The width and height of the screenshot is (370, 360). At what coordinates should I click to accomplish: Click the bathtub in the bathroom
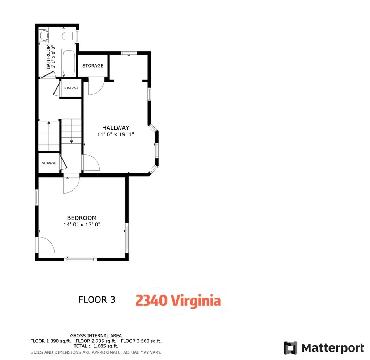(68, 63)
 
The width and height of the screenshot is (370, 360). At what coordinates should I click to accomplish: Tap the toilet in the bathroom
(69, 36)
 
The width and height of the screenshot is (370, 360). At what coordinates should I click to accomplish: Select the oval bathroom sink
(44, 36)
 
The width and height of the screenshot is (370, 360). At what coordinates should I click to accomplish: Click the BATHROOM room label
(48, 57)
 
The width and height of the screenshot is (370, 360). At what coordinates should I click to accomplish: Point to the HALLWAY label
(115, 127)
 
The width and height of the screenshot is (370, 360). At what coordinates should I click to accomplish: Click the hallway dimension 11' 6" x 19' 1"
(115, 134)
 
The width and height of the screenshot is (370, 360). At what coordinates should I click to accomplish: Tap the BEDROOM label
(82, 218)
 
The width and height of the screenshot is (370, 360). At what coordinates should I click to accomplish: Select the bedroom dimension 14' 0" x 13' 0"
(82, 224)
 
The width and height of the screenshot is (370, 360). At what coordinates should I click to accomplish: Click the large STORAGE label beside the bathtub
(93, 66)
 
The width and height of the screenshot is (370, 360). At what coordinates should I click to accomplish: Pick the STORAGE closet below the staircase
(49, 163)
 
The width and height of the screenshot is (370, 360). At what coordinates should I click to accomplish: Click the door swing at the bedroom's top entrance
(70, 184)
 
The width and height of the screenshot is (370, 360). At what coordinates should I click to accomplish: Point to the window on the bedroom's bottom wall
(81, 259)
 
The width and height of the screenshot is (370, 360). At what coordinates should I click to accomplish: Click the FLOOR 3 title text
(97, 299)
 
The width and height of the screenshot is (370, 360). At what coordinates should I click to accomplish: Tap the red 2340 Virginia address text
(178, 300)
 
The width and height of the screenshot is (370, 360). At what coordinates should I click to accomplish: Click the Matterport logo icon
(290, 348)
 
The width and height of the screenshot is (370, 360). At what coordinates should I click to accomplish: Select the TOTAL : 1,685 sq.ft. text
(96, 346)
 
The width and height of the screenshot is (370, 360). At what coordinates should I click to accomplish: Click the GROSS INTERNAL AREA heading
(96, 335)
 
